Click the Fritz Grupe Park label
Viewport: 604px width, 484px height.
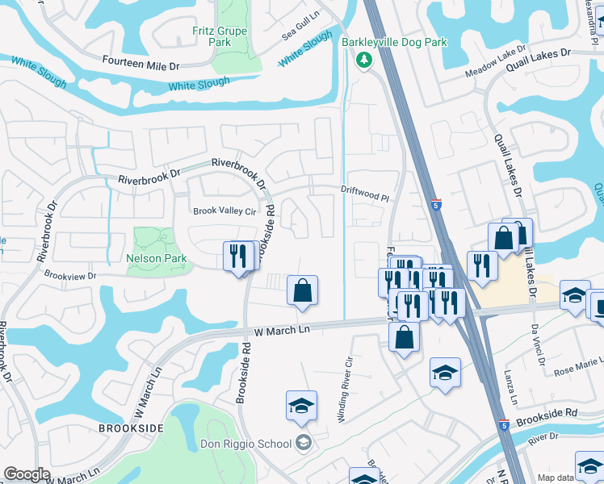[220, 36]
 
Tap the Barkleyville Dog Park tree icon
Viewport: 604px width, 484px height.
[364, 59]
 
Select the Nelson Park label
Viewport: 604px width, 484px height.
[157, 259]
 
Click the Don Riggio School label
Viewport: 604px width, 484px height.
[245, 443]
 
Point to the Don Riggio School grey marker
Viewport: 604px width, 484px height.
[303, 442]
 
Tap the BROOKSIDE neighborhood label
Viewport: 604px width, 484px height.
[132, 428]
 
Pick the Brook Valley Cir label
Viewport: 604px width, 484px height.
[224, 211]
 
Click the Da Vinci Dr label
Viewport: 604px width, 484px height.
[536, 344]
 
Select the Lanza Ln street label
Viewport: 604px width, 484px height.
[512, 388]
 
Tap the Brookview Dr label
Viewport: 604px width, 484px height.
[70, 275]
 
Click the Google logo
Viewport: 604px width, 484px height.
[27, 474]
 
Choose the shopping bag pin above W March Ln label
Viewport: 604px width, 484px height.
[302, 291]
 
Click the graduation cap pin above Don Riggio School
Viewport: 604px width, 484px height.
[301, 406]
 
